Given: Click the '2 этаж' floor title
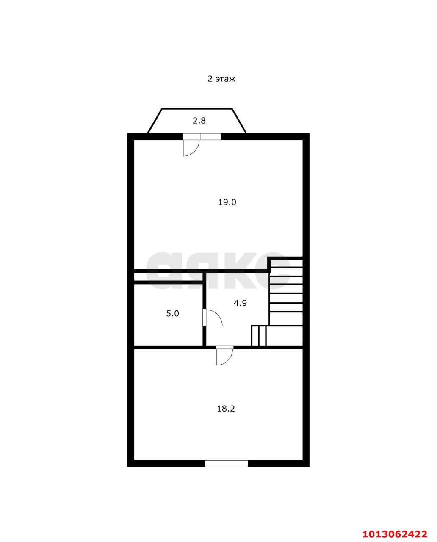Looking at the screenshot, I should click(x=221, y=79).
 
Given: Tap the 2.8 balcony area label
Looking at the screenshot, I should click(x=199, y=121).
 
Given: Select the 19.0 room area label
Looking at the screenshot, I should click(x=227, y=202).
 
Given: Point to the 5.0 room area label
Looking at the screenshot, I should click(x=172, y=314).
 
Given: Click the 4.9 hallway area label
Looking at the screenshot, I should click(x=240, y=303).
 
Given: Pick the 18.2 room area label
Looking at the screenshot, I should click(x=226, y=409).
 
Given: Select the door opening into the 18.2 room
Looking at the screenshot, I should click(x=224, y=356).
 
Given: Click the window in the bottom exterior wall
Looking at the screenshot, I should click(x=227, y=464).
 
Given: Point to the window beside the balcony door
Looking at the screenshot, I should click(x=210, y=136).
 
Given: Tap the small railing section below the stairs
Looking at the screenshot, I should click(x=258, y=336).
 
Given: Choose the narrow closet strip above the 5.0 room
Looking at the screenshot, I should click(x=168, y=277).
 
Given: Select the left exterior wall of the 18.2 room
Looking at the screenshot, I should click(x=131, y=406).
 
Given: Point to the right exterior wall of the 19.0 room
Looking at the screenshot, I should click(x=306, y=195).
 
